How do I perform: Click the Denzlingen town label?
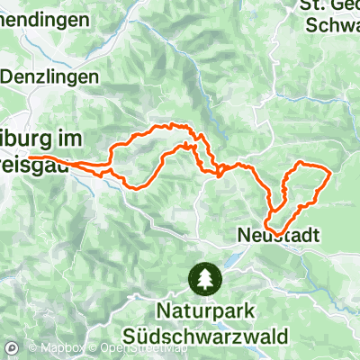click(x=49, y=77)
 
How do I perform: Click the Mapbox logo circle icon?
click(x=13, y=348)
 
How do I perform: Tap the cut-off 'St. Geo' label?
click(x=328, y=7)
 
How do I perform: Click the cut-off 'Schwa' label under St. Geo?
click(x=332, y=26)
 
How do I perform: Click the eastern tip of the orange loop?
click(x=331, y=170)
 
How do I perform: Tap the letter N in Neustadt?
click(x=245, y=234)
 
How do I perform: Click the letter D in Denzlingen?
click(x=7, y=77)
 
